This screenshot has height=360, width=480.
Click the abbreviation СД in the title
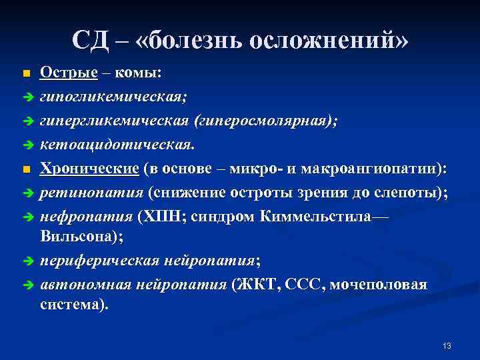[x=90, y=40]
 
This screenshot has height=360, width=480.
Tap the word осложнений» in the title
[x=327, y=40]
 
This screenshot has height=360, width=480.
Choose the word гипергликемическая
[x=115, y=121]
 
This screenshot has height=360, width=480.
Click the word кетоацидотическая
[x=117, y=145]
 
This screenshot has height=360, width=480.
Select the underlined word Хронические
[x=89, y=169]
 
